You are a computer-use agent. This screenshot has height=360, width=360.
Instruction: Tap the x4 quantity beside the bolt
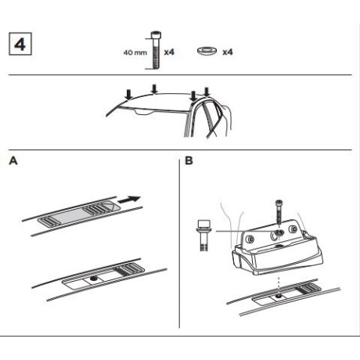coord(168,53)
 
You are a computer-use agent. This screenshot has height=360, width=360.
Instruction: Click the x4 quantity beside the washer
coord(228,53)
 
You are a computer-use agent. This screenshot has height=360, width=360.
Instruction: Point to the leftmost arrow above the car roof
coord(128,95)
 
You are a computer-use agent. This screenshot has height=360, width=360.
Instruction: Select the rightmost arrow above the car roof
coord(207,92)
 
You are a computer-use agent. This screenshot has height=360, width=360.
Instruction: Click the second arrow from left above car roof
coord(155,88)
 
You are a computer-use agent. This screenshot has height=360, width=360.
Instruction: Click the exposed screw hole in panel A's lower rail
coord(94,278)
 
